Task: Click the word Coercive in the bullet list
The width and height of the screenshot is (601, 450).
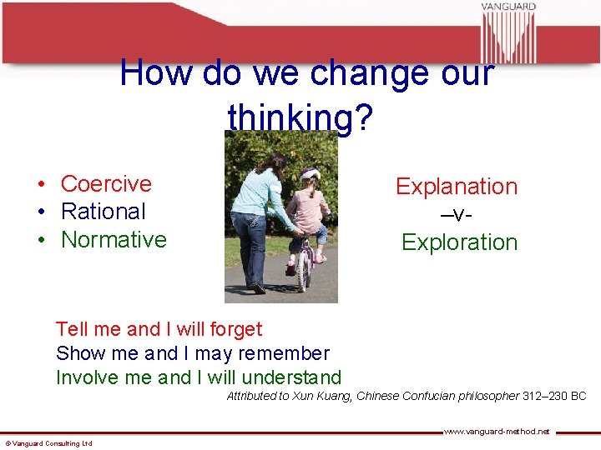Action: point(106,183)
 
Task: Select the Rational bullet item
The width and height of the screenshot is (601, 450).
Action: point(103,212)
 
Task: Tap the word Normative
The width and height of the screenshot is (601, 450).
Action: point(114,240)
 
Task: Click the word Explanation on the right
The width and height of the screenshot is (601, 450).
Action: point(457,187)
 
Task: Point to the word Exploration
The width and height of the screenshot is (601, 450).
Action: point(459,242)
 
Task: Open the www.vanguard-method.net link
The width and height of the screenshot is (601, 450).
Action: point(496,432)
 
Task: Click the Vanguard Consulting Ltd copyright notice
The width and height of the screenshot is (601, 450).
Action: point(48,443)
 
